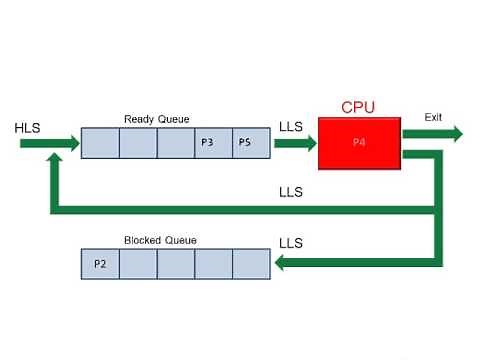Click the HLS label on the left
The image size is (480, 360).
tap(28, 129)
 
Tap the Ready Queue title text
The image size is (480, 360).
tap(157, 119)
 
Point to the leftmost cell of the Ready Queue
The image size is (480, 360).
tap(100, 144)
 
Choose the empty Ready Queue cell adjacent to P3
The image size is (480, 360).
tap(176, 144)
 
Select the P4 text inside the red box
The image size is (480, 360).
tap(359, 144)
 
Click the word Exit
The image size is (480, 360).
tap(433, 117)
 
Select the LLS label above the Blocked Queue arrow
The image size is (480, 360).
tap(291, 242)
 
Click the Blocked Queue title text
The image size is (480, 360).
tap(160, 240)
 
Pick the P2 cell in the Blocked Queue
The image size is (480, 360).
tap(100, 264)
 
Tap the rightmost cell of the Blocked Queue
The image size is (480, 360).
tap(251, 264)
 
